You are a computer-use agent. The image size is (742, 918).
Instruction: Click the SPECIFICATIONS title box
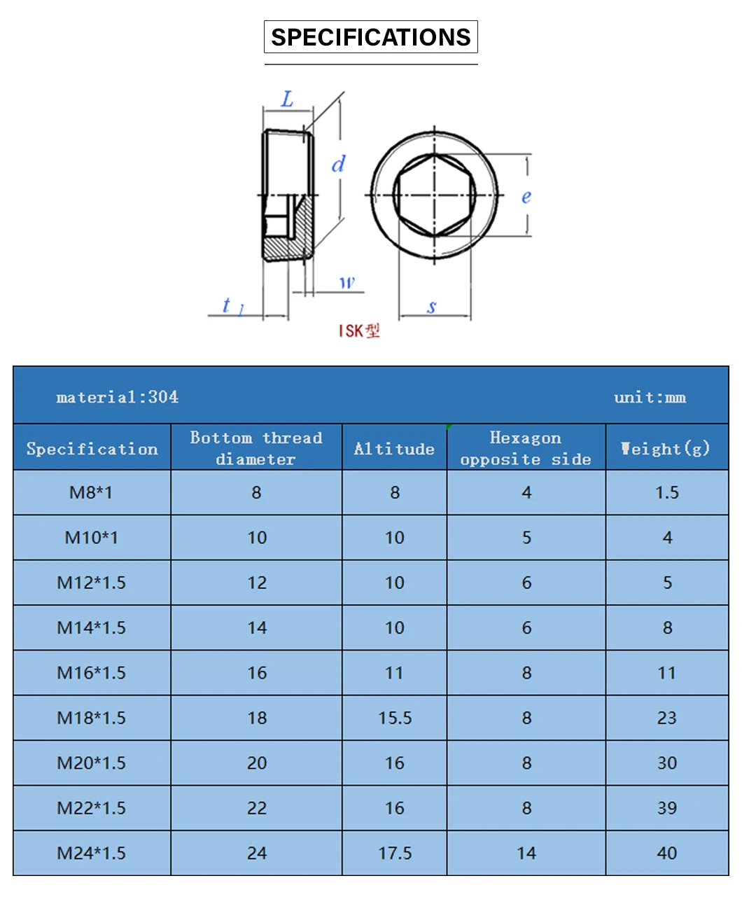[x=370, y=37]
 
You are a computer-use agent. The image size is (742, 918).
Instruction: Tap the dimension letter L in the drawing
[x=288, y=99]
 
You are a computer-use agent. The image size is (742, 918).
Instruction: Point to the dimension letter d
[x=338, y=164]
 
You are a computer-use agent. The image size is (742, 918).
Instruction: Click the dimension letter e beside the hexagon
[x=526, y=197]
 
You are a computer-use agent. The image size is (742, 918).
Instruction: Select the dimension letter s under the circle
[x=432, y=306]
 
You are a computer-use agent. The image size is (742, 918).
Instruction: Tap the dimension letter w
[x=347, y=282]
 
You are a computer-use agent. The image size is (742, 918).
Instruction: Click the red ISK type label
[x=359, y=331]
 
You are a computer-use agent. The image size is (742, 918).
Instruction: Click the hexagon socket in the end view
[x=434, y=195]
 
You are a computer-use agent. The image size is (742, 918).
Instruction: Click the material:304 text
[x=118, y=397]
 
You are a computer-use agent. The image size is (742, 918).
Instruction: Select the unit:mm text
[x=650, y=398]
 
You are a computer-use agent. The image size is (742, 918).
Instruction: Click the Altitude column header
[x=394, y=449]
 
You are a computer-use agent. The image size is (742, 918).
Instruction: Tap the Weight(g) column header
[x=666, y=448]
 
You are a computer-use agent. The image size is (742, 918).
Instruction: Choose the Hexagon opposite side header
[x=526, y=448]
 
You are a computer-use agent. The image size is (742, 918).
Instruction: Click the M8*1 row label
[x=91, y=492]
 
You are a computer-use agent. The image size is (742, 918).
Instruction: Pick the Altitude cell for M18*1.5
[x=395, y=718]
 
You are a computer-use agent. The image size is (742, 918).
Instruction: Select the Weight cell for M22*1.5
[x=666, y=808]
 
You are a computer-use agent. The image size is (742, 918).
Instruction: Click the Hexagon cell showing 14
[x=526, y=853]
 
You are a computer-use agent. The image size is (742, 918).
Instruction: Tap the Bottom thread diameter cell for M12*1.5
[x=257, y=583]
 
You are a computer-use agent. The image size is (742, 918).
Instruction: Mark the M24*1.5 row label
[x=91, y=853]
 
